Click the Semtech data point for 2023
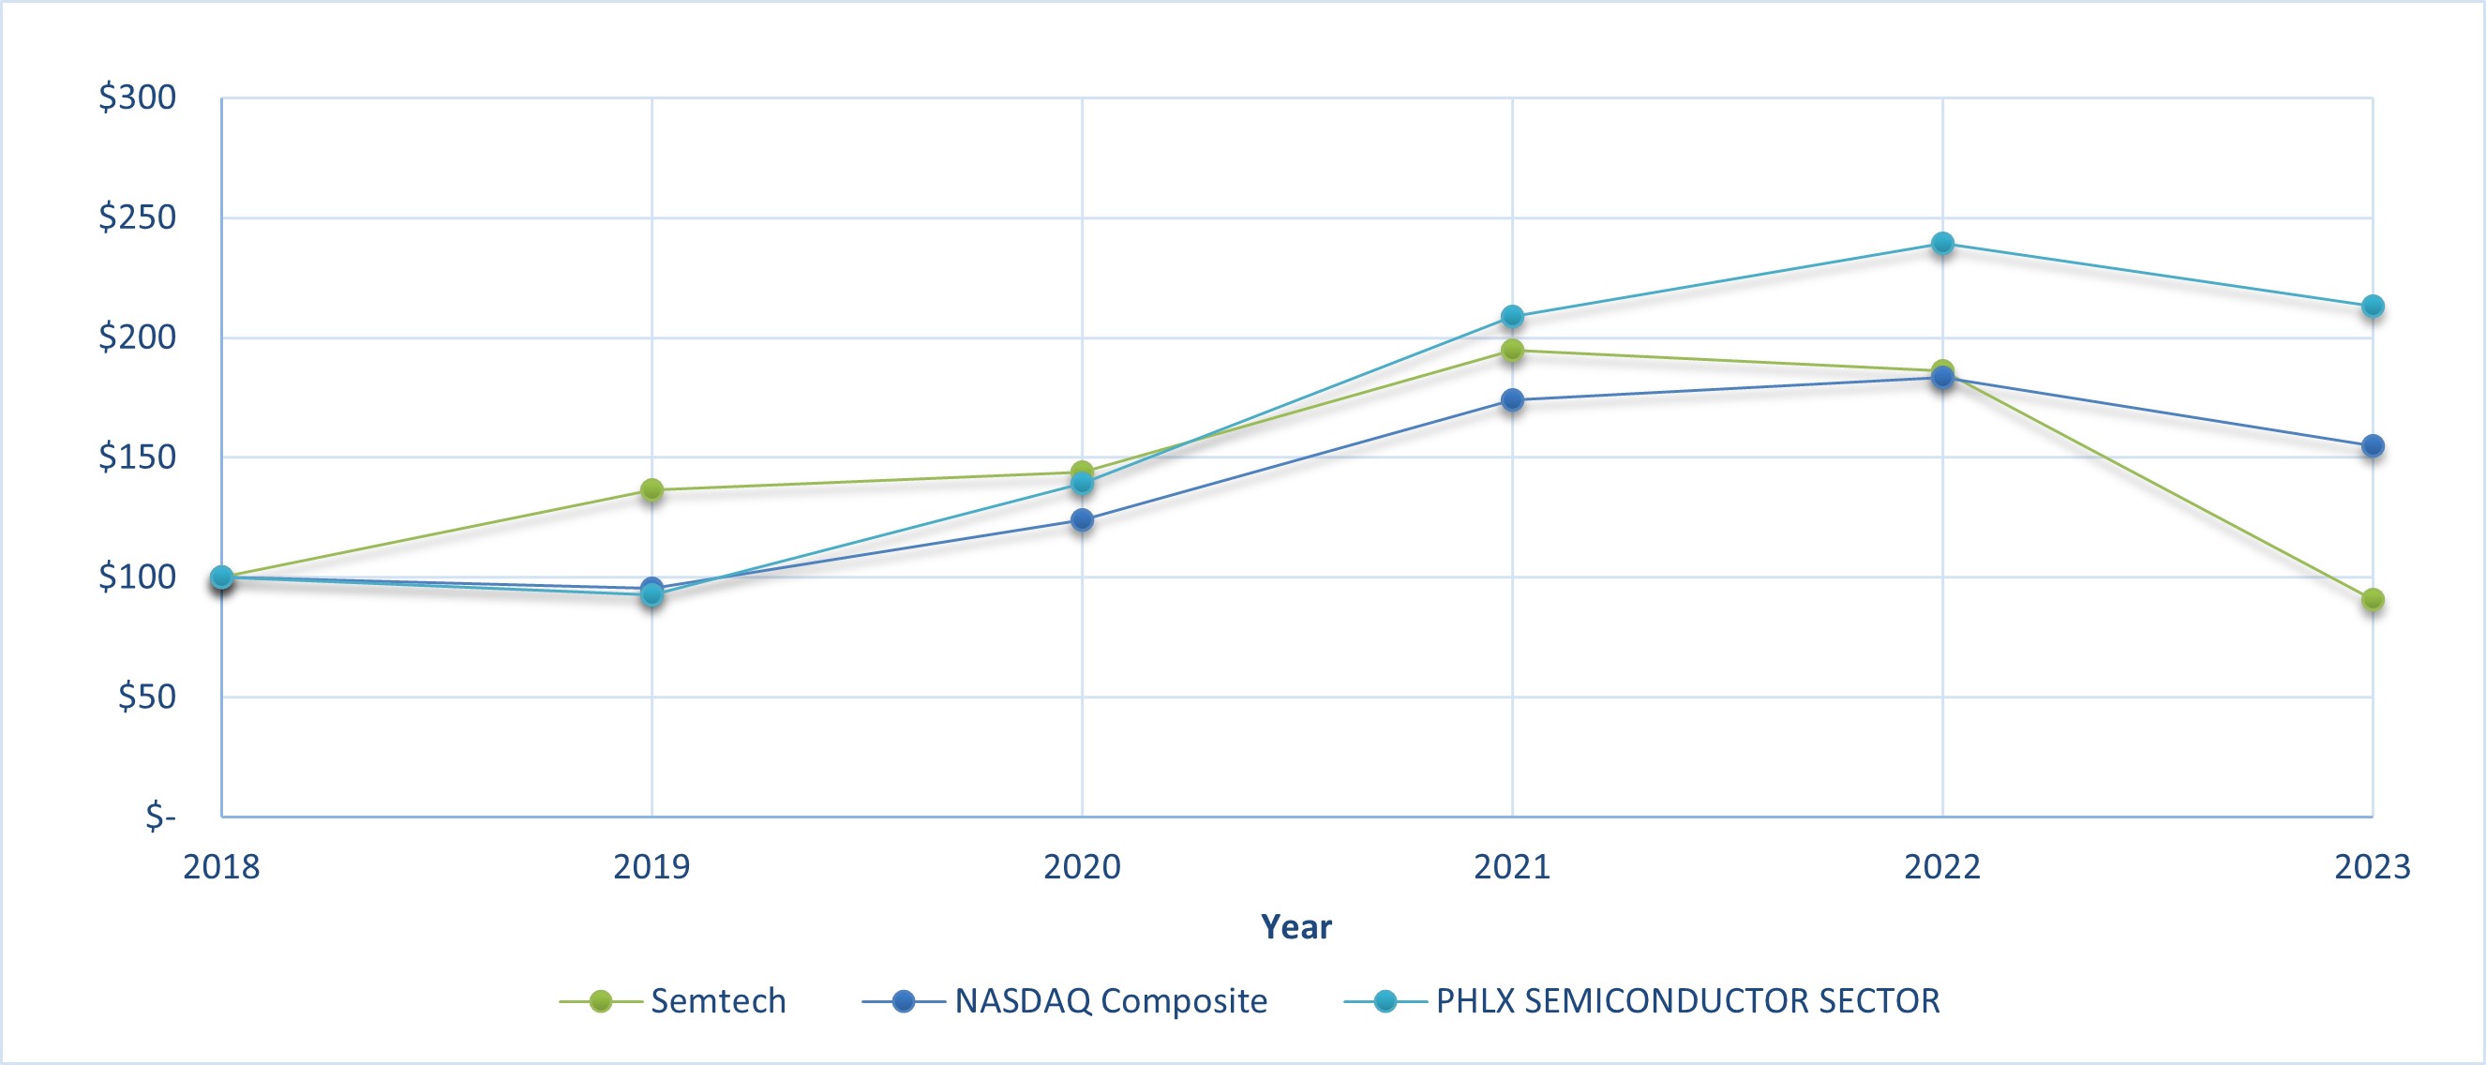click(x=2373, y=600)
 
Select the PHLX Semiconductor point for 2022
click(x=1942, y=244)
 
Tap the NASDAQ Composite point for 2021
click(x=1512, y=399)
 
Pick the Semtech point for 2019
click(x=651, y=489)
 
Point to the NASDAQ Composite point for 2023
click(x=2373, y=446)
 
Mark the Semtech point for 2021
click(x=1512, y=350)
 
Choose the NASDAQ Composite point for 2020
click(x=1082, y=519)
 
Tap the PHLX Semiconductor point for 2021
click(x=1512, y=317)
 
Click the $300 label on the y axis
click(x=137, y=97)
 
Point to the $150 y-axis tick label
click(x=137, y=457)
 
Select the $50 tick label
click(x=146, y=697)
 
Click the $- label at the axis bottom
click(x=160, y=817)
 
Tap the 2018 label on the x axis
click(x=221, y=867)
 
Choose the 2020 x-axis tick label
click(x=1082, y=867)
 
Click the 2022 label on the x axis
click(x=1942, y=867)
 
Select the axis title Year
click(x=1296, y=927)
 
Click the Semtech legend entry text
click(x=718, y=1001)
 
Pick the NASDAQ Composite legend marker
click(x=904, y=1001)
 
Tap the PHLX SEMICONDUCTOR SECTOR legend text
click(x=1688, y=1001)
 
